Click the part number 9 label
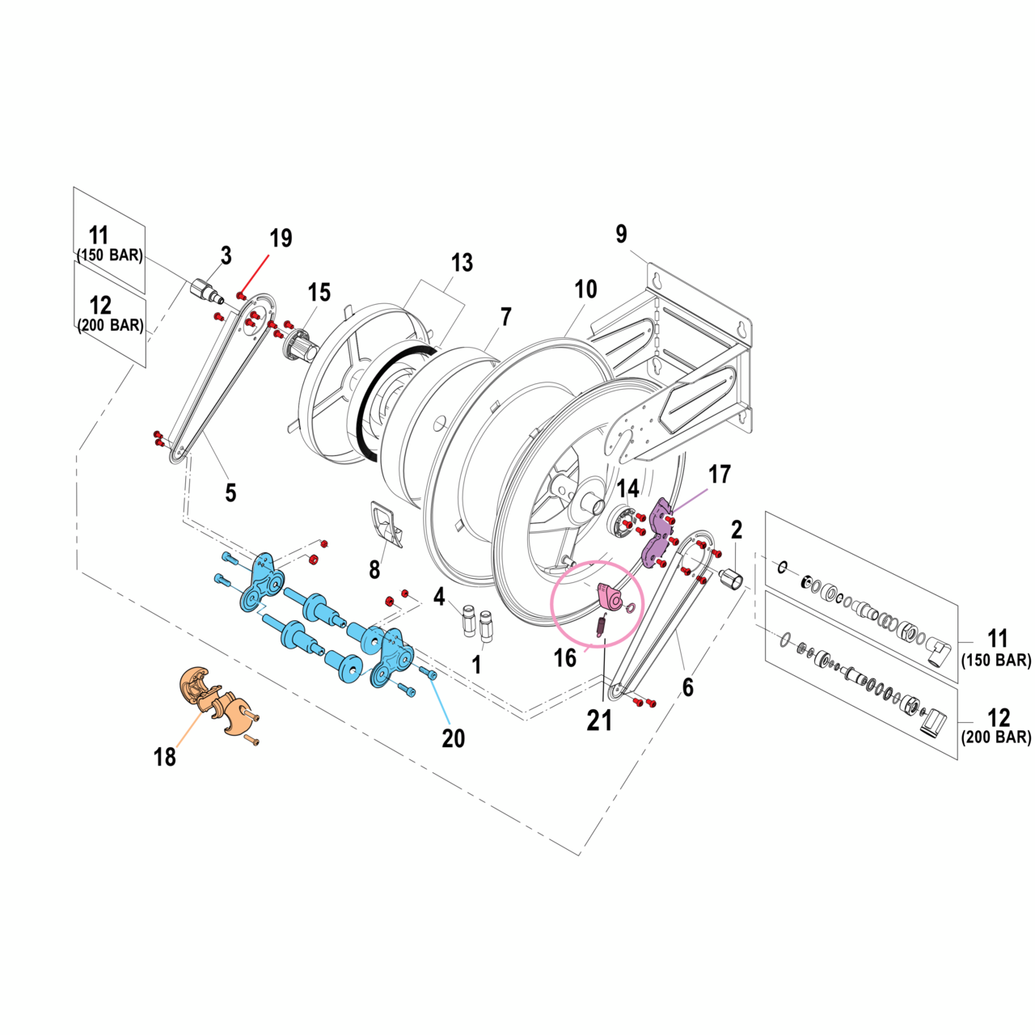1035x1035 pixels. pyautogui.click(x=621, y=234)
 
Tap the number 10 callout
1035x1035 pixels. pyautogui.click(x=585, y=289)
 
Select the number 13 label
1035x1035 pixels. pyautogui.click(x=462, y=263)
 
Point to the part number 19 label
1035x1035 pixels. pyautogui.click(x=281, y=239)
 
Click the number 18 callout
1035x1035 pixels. pyautogui.click(x=165, y=757)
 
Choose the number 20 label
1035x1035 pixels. pyautogui.click(x=453, y=737)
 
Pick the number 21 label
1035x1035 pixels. pyautogui.click(x=599, y=720)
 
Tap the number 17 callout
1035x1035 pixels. pyautogui.click(x=719, y=475)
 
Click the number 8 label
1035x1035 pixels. pyautogui.click(x=374, y=570)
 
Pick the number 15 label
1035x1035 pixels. pyautogui.click(x=319, y=293)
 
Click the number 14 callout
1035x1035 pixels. pyautogui.click(x=627, y=488)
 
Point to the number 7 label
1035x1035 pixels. pyautogui.click(x=506, y=317)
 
